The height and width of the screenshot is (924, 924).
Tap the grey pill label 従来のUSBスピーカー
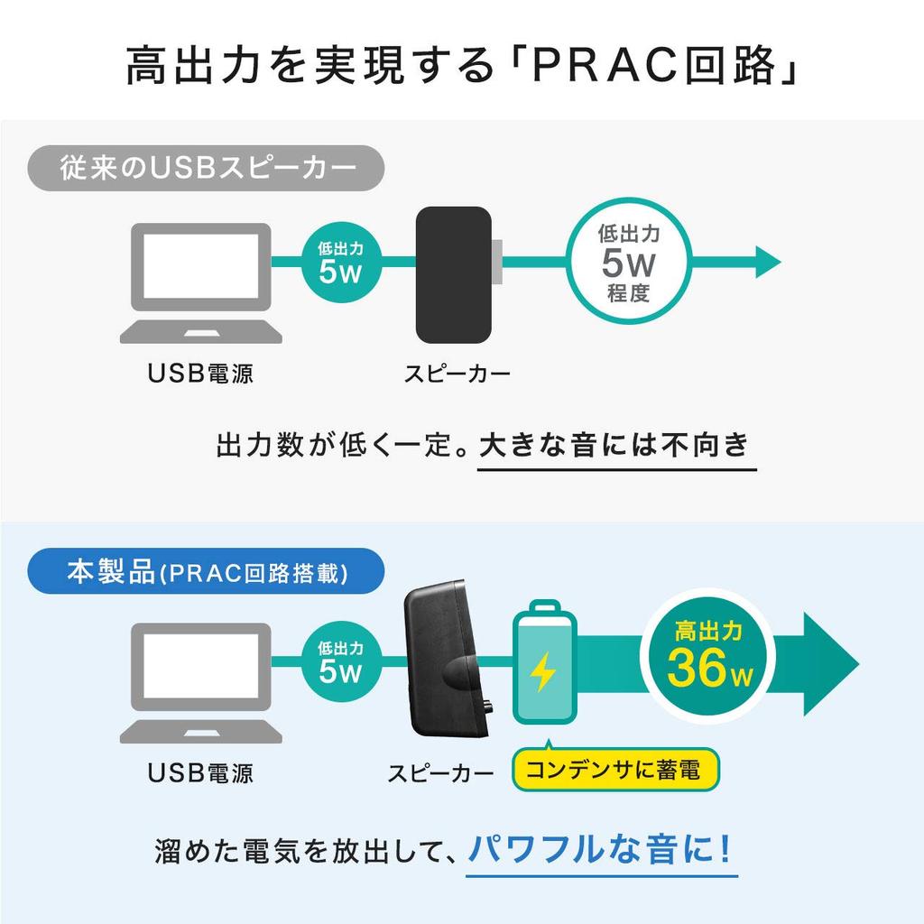tap(207, 169)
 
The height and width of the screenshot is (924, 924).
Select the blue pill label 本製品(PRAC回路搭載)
tap(207, 573)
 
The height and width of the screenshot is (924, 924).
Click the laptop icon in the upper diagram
tap(201, 282)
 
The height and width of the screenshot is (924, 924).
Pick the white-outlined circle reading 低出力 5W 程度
tap(629, 263)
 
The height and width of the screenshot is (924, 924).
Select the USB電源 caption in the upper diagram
tap(200, 373)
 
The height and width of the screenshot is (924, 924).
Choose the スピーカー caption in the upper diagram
tap(457, 373)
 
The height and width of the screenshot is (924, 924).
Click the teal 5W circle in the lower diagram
tap(340, 661)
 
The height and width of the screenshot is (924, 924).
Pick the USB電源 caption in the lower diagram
tap(200, 772)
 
